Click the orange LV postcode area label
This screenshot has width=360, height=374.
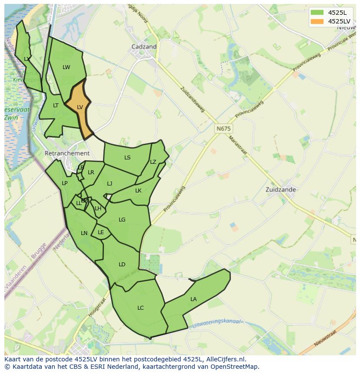80,107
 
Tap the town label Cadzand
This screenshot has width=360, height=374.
144,46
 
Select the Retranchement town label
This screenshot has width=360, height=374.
67,153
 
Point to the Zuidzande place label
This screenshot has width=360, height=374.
280,189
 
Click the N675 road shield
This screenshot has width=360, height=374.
223,129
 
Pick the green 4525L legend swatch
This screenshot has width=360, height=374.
317,12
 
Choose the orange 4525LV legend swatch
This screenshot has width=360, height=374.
317,21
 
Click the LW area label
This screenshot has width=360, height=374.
66,67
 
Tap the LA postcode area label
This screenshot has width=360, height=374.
193,299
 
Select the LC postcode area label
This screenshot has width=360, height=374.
140,308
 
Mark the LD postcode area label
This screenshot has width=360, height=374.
122,264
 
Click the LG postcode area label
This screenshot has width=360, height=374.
122,219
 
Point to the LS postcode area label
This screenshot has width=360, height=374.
127,157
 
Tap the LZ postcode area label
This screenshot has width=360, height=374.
153,162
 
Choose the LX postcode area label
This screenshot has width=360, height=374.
27,59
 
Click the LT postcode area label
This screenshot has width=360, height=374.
56,105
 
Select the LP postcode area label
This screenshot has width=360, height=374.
64,183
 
